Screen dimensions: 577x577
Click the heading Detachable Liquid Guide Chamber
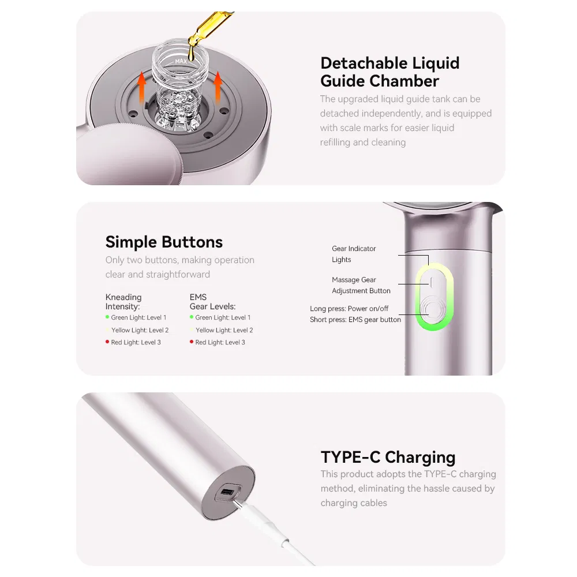(390, 72)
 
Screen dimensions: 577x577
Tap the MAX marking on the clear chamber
(181, 61)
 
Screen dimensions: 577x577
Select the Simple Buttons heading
(164, 242)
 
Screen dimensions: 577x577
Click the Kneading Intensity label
(123, 302)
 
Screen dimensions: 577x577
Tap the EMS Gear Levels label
(212, 302)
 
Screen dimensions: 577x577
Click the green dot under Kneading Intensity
(107, 317)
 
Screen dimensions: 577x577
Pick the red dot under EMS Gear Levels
(192, 342)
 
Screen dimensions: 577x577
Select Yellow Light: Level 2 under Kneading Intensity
(140, 330)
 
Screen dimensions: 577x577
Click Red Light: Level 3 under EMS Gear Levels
(220, 342)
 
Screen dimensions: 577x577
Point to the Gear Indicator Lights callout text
(354, 254)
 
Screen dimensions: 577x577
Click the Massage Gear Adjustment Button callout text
(361, 285)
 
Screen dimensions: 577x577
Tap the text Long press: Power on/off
(349, 308)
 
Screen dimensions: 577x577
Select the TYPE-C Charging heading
(388, 457)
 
